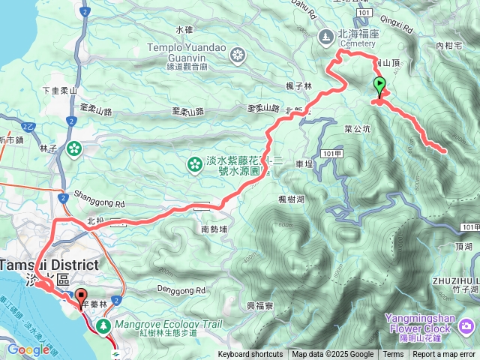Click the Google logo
[x=28, y=349]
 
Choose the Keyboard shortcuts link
[x=250, y=355]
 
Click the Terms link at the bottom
[x=393, y=355]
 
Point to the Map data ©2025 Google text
[x=333, y=355]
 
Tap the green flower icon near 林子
[x=74, y=148]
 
